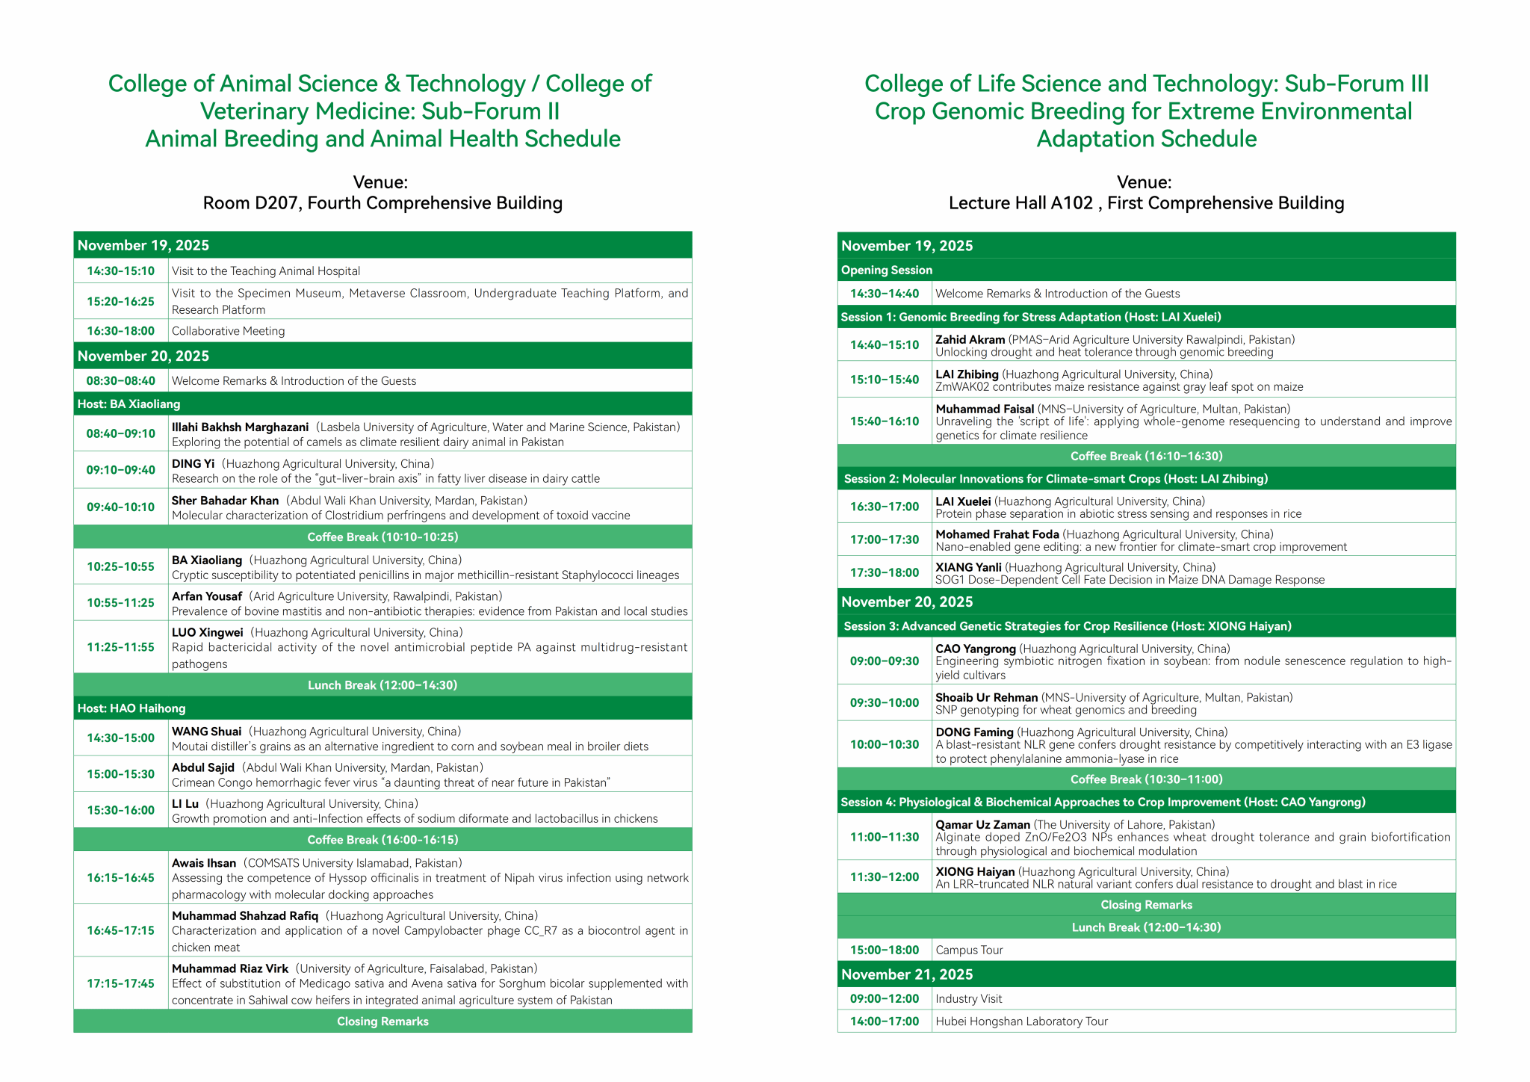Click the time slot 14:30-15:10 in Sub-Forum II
point(120,271)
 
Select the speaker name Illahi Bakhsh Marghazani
point(240,427)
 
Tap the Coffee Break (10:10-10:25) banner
point(382,537)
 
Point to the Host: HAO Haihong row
point(131,708)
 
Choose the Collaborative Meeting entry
point(229,331)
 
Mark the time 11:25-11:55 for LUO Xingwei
point(120,648)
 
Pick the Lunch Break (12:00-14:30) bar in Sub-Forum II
point(382,685)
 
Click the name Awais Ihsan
point(204,863)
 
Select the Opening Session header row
point(887,270)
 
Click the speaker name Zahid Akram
point(970,340)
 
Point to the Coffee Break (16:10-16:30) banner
point(1146,457)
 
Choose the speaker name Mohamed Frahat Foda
point(997,534)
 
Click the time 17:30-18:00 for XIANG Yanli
point(885,573)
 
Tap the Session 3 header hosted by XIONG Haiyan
point(1068,626)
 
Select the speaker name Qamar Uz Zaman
point(982,825)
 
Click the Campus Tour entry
point(969,950)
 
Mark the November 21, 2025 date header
point(907,974)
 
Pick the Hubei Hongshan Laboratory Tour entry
point(1021,1021)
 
